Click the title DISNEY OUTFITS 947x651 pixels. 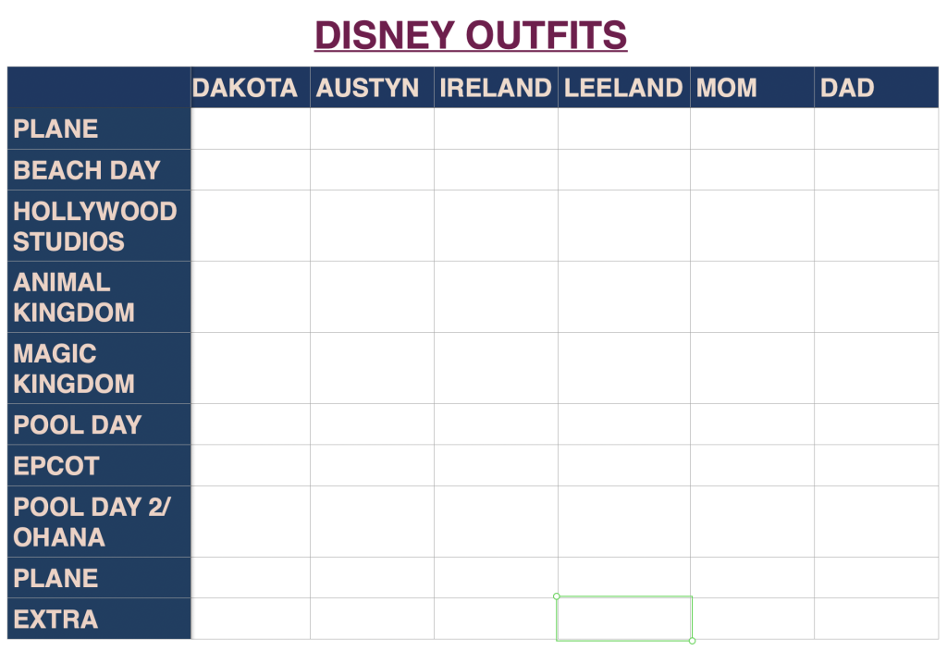[471, 36]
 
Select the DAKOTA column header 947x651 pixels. [245, 88]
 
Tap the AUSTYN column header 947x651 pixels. [367, 88]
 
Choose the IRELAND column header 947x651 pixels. [495, 88]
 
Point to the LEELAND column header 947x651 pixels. [623, 88]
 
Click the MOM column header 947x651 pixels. [727, 88]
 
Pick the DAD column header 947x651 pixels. [847, 88]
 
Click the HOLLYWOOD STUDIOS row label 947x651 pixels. [94, 226]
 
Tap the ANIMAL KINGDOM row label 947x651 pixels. [74, 297]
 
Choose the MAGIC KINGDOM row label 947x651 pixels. [74, 368]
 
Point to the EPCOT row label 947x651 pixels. [56, 465]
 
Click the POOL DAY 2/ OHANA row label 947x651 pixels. [79, 522]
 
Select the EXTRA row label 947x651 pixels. [55, 619]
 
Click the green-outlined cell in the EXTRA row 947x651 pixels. [624, 619]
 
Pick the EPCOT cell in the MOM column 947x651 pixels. [752, 465]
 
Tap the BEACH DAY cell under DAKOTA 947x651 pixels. [251, 170]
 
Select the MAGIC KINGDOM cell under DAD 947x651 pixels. [876, 368]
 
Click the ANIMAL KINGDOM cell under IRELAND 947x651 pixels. [496, 297]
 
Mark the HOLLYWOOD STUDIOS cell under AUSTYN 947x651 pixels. [372, 226]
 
